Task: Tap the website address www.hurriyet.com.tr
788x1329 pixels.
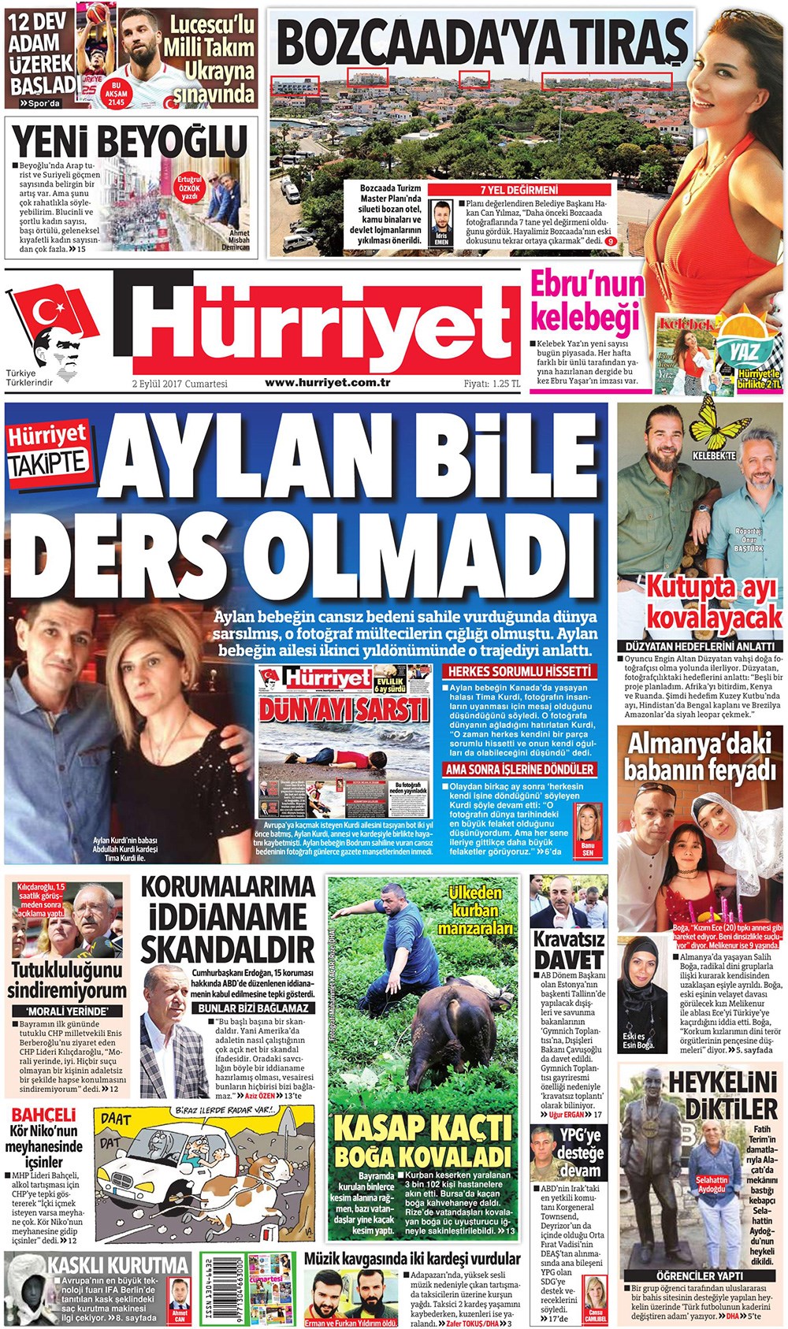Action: [328, 383]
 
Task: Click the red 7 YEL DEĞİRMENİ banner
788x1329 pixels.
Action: [519, 190]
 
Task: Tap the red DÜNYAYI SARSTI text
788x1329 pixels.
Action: [345, 709]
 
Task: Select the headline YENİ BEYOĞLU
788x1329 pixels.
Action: [130, 142]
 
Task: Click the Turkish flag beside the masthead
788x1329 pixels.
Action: [58, 312]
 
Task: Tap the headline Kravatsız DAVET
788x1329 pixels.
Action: [569, 950]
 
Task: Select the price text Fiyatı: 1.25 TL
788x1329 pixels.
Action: [491, 384]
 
